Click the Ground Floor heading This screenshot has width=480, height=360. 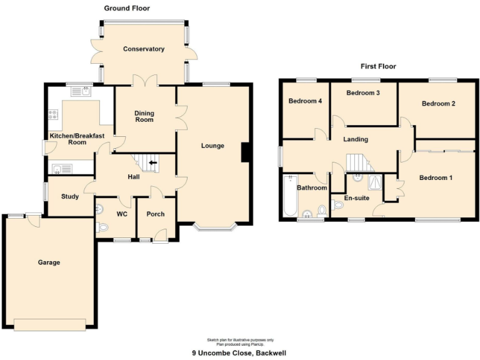pos(127,8)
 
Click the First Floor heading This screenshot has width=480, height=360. pos(378,66)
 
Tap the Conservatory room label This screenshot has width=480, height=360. pos(144,49)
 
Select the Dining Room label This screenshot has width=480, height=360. pos(144,116)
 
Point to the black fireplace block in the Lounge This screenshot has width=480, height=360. pos(246,152)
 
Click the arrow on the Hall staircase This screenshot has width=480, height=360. pos(152,164)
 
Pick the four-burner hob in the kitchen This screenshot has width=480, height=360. pos(52,115)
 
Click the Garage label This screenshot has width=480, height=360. pos(49,262)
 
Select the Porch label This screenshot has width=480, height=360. pos(155,214)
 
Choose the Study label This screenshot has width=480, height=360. pos(70,197)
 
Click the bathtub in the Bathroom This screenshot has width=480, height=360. pos(289,196)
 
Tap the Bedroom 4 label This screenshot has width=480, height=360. pos(305,101)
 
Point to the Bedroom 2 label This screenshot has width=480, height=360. pos(438,104)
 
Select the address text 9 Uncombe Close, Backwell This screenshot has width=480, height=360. pos(239,353)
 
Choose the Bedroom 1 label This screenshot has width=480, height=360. pos(436,178)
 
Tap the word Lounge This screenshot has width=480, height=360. pos(212,146)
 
